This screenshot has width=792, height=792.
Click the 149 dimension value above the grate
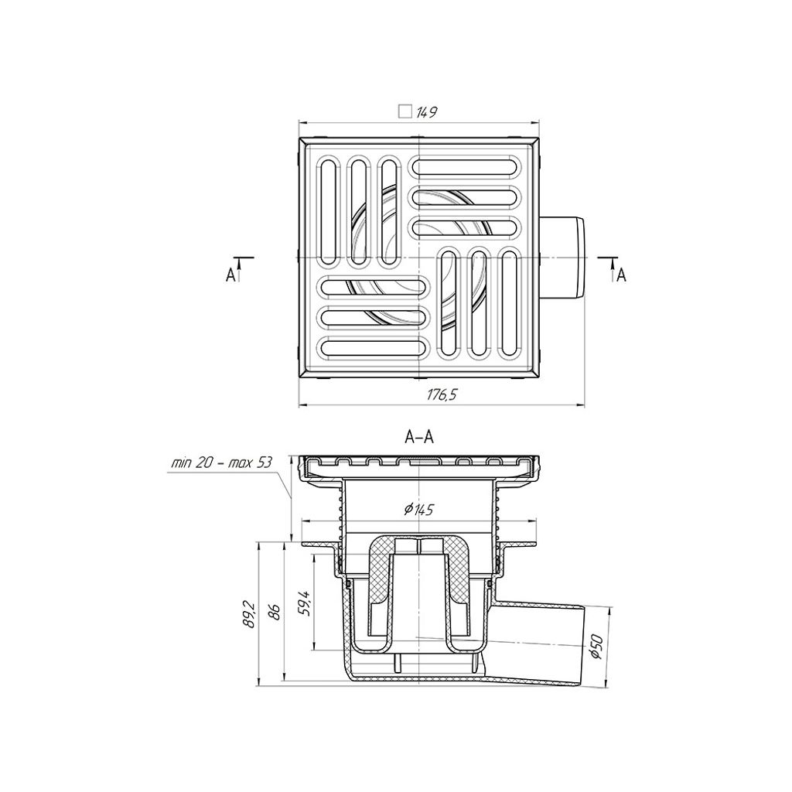tap(427, 112)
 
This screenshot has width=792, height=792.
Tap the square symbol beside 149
tap(405, 111)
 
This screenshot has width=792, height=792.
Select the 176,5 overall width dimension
tap(442, 395)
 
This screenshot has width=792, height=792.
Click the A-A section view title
tap(419, 437)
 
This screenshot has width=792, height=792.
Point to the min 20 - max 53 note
tap(221, 463)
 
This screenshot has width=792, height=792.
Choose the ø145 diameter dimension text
tap(418, 510)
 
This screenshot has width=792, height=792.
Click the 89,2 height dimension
tap(248, 613)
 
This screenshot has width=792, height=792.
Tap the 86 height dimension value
tap(276, 613)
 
